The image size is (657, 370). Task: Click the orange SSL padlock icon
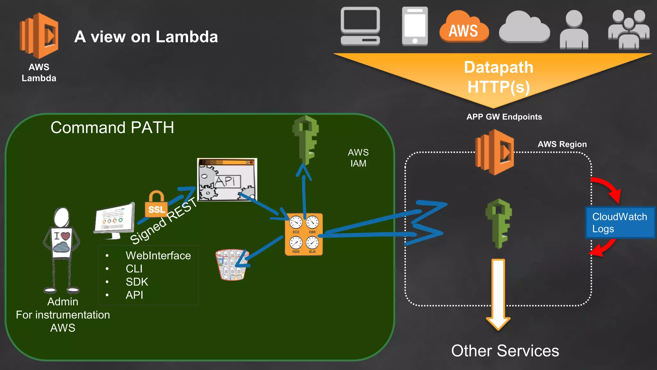[x=156, y=206]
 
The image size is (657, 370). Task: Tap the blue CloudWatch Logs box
[x=620, y=223]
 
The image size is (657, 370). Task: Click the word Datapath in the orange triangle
[x=499, y=67]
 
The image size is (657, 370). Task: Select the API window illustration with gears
[x=227, y=180]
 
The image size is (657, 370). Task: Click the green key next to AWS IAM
[x=306, y=139]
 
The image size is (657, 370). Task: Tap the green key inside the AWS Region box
[x=499, y=223]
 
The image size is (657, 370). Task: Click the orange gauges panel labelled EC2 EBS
[x=304, y=234]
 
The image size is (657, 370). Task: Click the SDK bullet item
[x=137, y=282]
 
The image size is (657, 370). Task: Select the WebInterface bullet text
[x=158, y=256]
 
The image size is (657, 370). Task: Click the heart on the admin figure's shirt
[x=65, y=236]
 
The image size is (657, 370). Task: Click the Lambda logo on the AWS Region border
[x=495, y=152]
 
